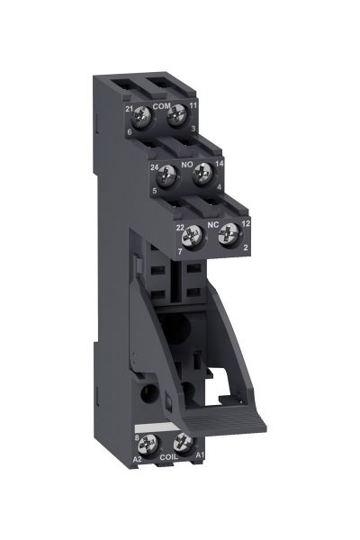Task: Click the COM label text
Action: coord(161,106)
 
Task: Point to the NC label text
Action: coord(212,224)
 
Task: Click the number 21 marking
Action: coord(130,109)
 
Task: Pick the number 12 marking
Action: coord(245,223)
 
